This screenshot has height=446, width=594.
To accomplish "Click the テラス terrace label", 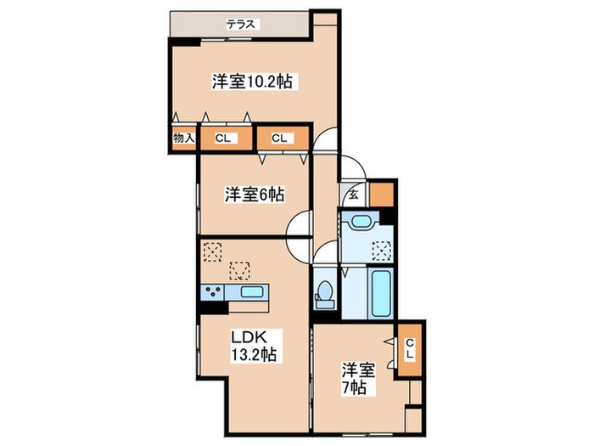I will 242,25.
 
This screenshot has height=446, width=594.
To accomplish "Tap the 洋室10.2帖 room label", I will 253,82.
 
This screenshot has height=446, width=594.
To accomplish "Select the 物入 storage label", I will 184,138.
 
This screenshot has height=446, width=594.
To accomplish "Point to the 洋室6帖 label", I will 255,195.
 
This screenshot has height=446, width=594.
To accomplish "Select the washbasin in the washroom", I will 361,223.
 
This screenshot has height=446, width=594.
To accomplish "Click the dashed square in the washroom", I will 381,250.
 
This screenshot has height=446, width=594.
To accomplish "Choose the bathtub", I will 378,293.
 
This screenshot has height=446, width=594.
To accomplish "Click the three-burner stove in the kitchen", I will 212,292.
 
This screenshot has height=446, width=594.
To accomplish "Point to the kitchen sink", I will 252,292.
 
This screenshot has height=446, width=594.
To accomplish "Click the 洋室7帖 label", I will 355,380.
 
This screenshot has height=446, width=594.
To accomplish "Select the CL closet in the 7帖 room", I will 409,348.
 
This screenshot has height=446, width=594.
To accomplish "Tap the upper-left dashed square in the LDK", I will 211,251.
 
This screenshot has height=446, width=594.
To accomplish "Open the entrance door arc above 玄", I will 353,167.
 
